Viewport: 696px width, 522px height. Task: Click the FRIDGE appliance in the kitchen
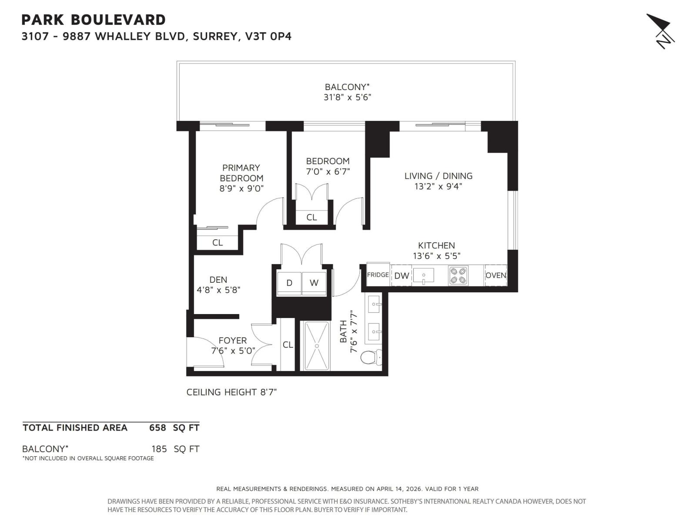coord(378,274)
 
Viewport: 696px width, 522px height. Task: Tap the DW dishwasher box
coord(402,276)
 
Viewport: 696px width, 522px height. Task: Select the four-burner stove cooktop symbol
coord(458,275)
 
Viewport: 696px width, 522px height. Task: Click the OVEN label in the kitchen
coord(495,275)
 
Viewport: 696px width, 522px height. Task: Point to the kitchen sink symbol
coord(423,275)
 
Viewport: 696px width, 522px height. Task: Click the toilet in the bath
coord(370,357)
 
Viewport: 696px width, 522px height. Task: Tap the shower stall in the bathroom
coord(316,346)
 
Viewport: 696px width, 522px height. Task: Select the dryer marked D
coord(289,283)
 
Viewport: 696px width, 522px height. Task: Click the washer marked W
coord(314,283)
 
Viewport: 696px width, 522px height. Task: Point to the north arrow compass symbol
coord(660,31)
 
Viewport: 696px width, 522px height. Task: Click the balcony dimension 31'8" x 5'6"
coord(347,97)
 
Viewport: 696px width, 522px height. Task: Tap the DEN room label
coord(218,280)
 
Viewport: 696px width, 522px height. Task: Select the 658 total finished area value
coord(157,428)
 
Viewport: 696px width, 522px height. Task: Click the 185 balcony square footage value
coord(159,449)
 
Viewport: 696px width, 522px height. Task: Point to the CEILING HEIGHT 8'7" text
coord(231,392)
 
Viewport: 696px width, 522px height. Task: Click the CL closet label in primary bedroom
coord(217,243)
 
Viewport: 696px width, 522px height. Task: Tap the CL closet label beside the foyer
coord(288,345)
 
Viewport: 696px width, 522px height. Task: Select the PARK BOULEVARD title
coord(94,20)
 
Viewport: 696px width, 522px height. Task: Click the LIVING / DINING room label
coord(438,176)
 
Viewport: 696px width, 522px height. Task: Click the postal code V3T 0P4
coord(268,36)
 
